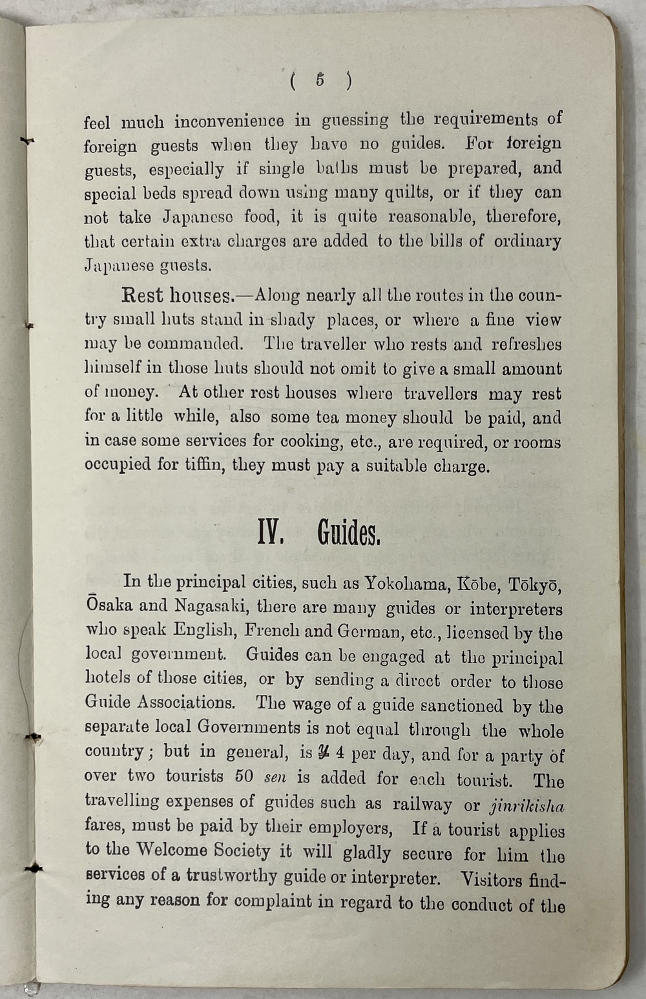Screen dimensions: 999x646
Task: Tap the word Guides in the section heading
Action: point(348,534)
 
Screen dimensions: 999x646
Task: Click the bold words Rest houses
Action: point(176,296)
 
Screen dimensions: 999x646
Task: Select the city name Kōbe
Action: point(478,584)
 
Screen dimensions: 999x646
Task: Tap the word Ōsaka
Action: point(109,606)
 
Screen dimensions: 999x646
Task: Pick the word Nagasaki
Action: point(210,606)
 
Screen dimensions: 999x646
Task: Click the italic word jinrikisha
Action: point(527,807)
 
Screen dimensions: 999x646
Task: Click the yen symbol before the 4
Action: point(324,753)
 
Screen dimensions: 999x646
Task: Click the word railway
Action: point(422,804)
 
